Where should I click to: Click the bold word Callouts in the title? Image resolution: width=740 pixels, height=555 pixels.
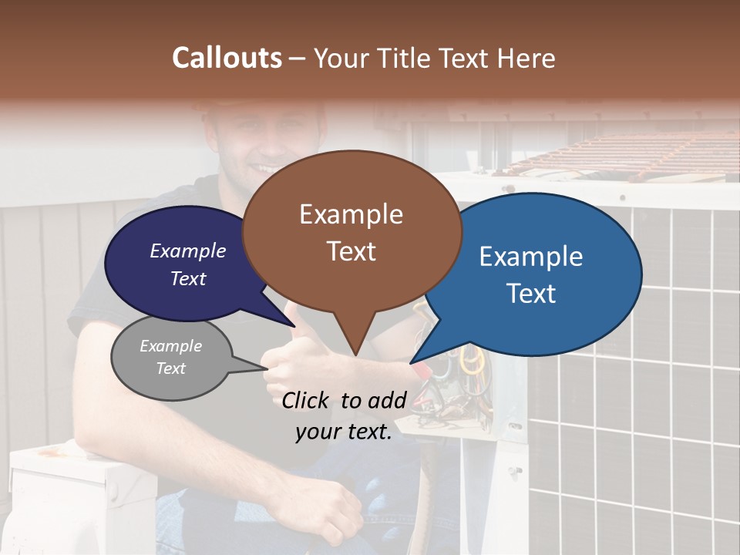(x=227, y=58)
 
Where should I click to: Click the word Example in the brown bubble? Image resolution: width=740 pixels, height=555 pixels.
(x=351, y=214)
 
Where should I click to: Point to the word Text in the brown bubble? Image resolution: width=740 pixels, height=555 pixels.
(x=351, y=251)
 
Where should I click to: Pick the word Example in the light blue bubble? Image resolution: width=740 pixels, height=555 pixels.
(x=531, y=257)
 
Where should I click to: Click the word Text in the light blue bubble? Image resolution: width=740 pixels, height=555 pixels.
(x=531, y=294)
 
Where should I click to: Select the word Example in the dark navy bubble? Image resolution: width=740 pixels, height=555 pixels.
(x=188, y=251)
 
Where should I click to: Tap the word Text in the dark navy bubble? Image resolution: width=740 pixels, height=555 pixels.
(x=188, y=278)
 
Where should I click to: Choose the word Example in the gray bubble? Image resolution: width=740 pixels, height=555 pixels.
(x=170, y=346)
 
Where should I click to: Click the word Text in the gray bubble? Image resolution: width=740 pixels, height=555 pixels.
(x=170, y=368)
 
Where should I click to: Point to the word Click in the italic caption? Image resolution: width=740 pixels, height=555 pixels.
(x=307, y=400)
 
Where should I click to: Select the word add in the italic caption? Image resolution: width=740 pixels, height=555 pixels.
(x=387, y=400)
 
